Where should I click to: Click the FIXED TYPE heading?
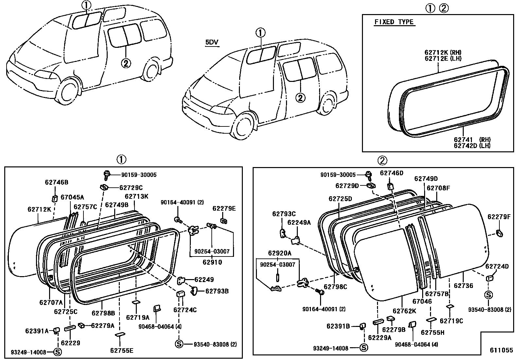pos(394,22)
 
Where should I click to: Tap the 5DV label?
pos(212,42)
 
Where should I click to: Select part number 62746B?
pos(56,182)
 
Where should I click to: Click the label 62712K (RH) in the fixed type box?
pos(443,52)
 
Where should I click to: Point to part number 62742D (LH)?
pos(472,146)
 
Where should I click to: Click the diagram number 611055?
pos(501,350)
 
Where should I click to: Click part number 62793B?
pos(217,291)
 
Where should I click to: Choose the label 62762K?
pos(404,311)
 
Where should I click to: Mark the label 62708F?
pos(438,188)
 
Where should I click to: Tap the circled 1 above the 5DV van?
pos(260,32)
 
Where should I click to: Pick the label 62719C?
pos(451,321)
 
